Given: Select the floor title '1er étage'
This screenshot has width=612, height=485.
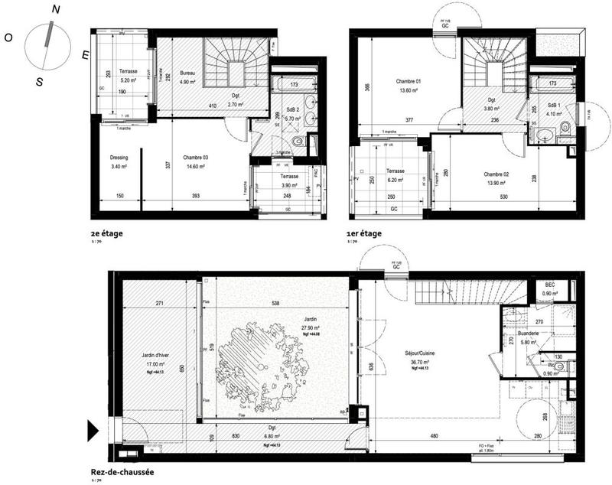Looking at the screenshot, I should tap(365, 233).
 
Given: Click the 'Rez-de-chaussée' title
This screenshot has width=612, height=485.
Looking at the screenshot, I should tap(122, 472).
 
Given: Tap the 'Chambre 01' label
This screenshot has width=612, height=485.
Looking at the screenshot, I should tap(409, 81).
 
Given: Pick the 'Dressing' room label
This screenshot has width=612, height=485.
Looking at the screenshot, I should tap(119, 158).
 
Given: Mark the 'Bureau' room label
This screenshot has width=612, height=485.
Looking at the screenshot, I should tap(187, 73).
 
